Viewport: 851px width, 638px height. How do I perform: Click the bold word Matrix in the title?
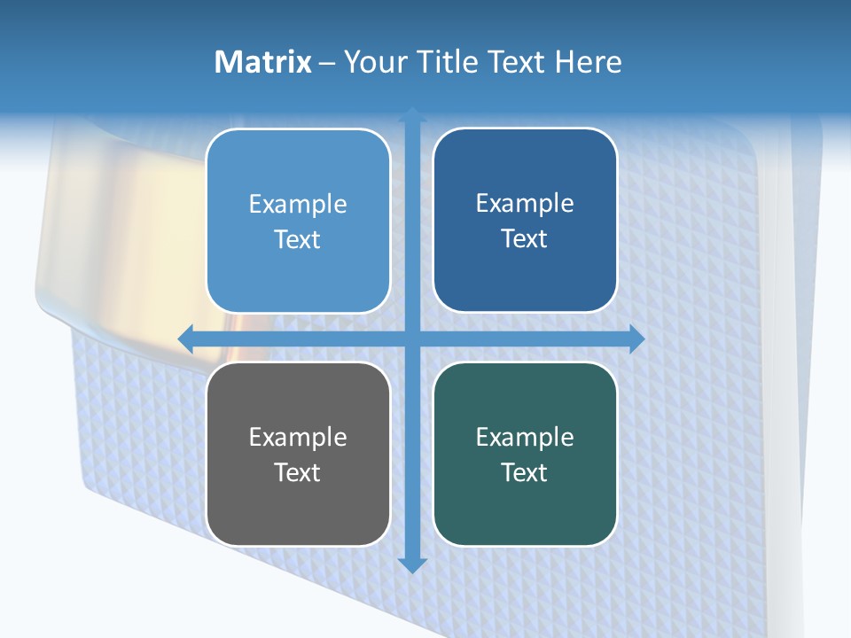click(x=262, y=62)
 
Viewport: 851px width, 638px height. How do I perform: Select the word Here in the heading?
click(x=588, y=62)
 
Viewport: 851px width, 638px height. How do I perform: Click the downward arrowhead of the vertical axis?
click(x=412, y=565)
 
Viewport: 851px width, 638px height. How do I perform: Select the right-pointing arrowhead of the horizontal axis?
click(x=636, y=338)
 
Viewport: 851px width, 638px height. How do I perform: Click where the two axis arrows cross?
click(x=412, y=338)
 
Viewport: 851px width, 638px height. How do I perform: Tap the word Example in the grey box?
click(x=298, y=437)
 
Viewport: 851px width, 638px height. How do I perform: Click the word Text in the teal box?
click(x=525, y=472)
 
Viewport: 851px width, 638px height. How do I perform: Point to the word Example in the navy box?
click(x=525, y=203)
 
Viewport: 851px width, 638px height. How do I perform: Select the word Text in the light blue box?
click(x=298, y=239)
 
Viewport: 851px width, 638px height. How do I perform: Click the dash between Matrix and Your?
click(x=327, y=63)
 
